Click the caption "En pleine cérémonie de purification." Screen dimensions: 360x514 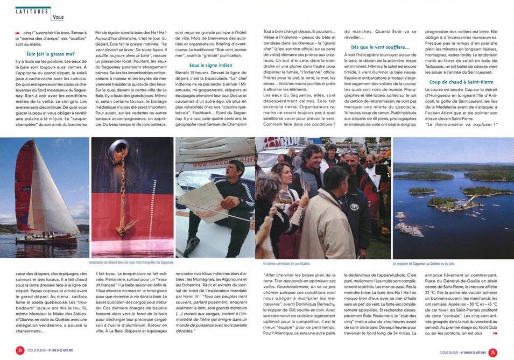pyautogui.click(x=287, y=264)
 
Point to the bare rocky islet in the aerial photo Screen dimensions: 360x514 pyautogui.click(x=409, y=229)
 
